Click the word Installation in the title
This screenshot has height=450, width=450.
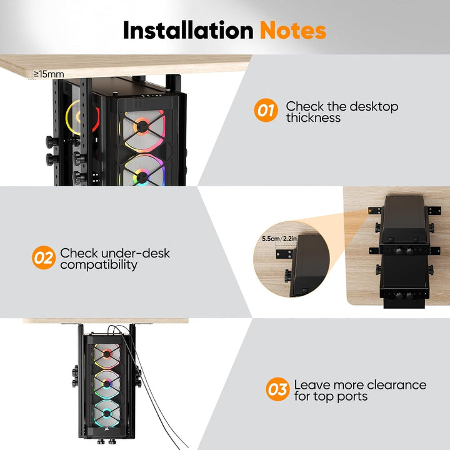(188, 30)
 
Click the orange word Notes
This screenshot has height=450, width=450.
(293, 30)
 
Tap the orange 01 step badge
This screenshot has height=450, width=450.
(266, 110)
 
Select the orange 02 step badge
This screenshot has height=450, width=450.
(44, 257)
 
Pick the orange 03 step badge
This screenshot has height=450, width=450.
(277, 389)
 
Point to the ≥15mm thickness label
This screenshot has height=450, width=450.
(49, 74)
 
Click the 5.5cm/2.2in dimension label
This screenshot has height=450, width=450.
(279, 239)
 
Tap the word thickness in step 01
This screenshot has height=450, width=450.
(313, 117)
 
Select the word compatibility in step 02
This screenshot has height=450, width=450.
(99, 265)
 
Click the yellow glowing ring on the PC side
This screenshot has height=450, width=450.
(69, 117)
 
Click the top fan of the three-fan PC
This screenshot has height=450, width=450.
(107, 355)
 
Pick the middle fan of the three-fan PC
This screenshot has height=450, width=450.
(107, 383)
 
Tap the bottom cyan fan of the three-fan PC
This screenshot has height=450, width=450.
(107, 413)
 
